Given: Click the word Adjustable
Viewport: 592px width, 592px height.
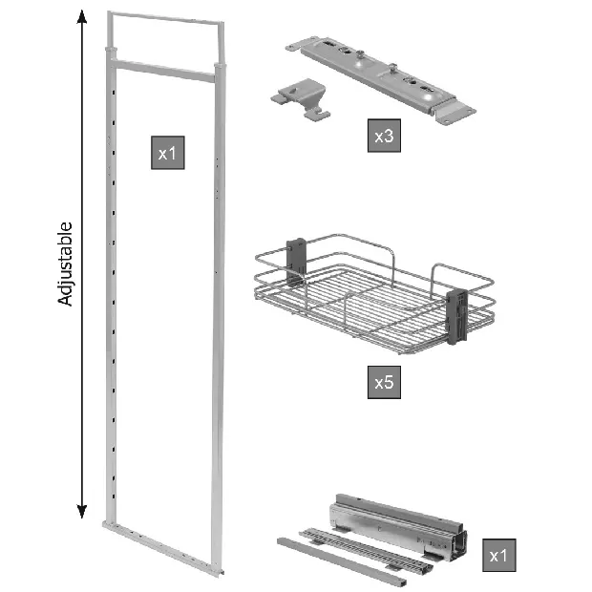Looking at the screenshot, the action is tap(65, 264).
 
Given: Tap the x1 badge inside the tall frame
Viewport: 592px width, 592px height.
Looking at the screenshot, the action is tap(168, 153).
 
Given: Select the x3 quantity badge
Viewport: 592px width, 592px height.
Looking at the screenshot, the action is tap(384, 136).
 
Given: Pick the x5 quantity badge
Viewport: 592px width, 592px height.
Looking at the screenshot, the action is tap(384, 382).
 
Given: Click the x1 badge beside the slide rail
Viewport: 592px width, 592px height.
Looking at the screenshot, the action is tap(498, 555).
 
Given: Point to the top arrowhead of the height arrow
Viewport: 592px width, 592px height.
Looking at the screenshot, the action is tap(82, 16).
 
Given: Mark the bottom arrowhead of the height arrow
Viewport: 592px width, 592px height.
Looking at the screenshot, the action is tap(82, 511).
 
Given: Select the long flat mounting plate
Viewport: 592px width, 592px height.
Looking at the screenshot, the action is tap(381, 79).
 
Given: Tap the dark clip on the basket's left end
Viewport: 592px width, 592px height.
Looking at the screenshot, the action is tap(296, 262).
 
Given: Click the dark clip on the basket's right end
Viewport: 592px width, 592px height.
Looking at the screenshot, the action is tap(456, 316).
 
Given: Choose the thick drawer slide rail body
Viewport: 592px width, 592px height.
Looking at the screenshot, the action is tap(398, 527).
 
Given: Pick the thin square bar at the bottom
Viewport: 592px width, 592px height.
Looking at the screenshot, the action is tap(342, 561).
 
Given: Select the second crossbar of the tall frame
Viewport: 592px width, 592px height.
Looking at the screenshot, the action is tap(164, 71).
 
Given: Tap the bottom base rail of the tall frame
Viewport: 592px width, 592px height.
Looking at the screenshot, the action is tap(163, 548).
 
